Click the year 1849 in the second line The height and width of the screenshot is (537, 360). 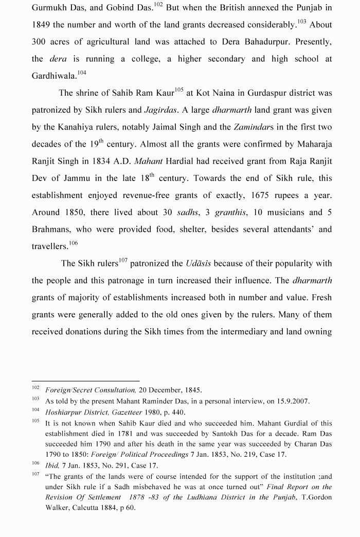click(x=41, y=25)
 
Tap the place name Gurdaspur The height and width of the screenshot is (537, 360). click(x=273, y=93)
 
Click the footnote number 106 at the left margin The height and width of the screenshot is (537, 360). click(x=35, y=464)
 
